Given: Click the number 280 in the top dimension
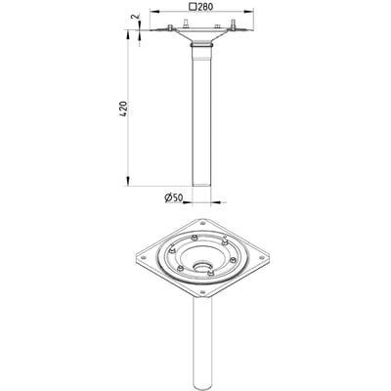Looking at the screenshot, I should pos(203,7).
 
